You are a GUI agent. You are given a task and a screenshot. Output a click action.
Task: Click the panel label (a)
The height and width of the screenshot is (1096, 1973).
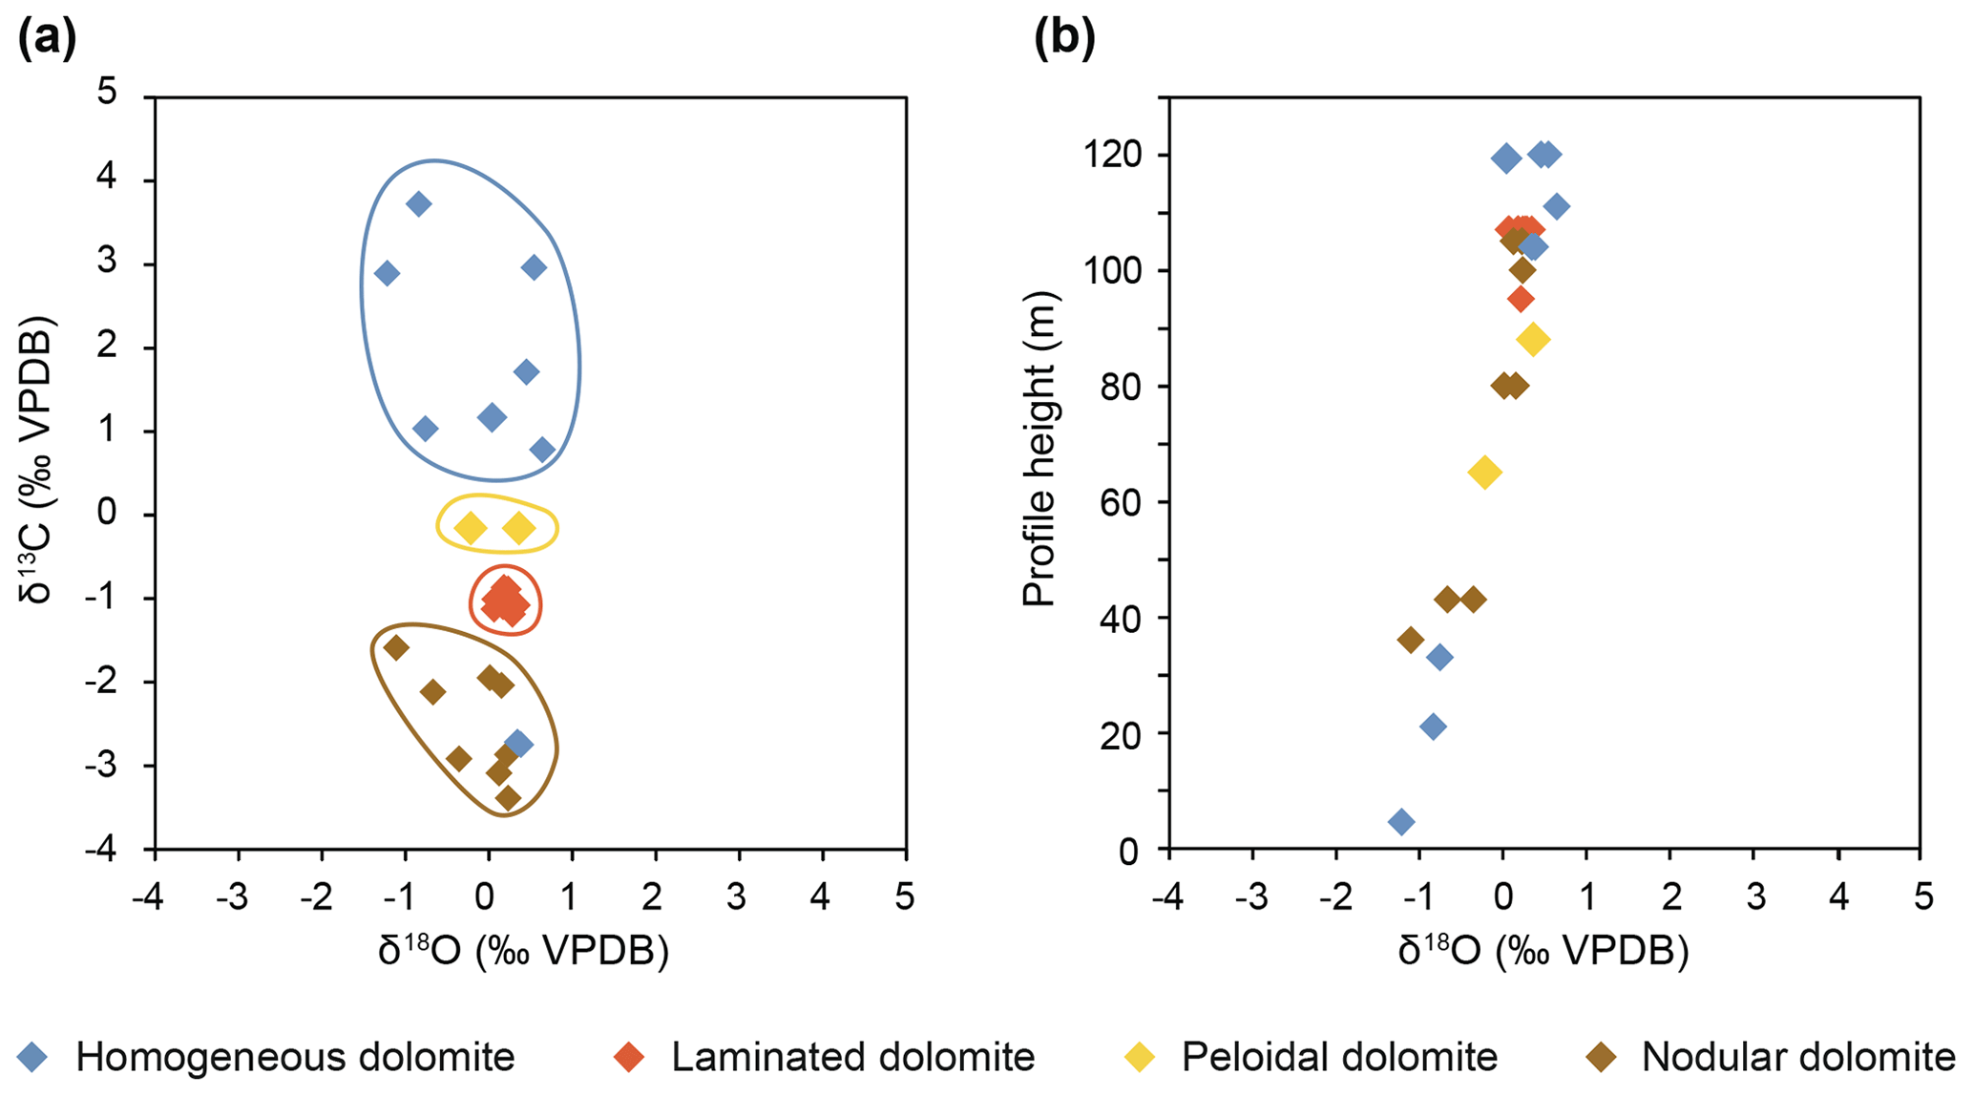click(x=47, y=39)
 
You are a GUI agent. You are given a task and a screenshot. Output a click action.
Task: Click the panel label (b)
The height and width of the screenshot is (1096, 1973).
click(x=1065, y=39)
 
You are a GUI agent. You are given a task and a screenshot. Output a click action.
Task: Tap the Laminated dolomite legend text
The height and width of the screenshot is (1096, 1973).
click(x=852, y=1057)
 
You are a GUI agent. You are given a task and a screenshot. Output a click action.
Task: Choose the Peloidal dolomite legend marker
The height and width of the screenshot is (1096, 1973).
click(x=1141, y=1057)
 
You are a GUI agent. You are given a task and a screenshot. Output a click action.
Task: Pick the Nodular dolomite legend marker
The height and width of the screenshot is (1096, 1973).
click(x=1603, y=1057)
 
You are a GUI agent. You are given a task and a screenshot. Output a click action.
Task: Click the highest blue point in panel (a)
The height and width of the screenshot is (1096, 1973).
click(x=418, y=203)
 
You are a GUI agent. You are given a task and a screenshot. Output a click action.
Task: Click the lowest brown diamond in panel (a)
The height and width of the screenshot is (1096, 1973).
click(x=508, y=797)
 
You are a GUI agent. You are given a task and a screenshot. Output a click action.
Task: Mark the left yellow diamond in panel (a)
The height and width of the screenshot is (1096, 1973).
click(x=470, y=528)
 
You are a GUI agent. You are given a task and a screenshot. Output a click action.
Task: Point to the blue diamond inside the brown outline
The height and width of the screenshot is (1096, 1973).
click(x=518, y=744)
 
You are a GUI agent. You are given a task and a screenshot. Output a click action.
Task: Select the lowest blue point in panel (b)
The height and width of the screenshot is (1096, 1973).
click(x=1401, y=822)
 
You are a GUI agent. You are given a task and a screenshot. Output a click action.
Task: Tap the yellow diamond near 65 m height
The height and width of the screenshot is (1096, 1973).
click(x=1485, y=472)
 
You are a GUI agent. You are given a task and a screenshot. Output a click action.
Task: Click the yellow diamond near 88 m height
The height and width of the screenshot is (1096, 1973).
click(x=1533, y=339)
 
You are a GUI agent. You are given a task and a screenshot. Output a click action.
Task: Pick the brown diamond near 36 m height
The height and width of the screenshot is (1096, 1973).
click(x=1411, y=640)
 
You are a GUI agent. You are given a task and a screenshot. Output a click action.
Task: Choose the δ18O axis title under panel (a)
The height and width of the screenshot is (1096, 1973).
click(x=523, y=951)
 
